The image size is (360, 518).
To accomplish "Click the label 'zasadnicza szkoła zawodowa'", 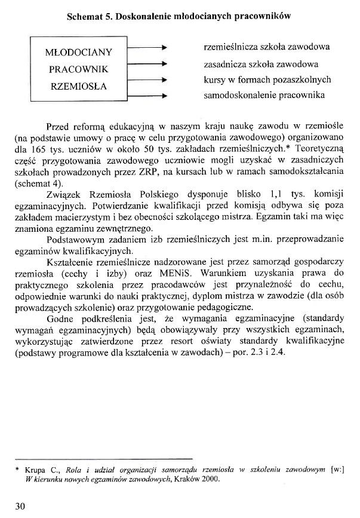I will coord(260,63).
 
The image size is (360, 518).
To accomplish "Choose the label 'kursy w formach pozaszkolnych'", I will coord(267,79).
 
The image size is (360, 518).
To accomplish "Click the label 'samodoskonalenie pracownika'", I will coord(264,95).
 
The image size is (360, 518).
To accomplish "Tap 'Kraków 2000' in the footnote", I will coord(192,479).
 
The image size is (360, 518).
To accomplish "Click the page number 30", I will coord(20,506).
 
